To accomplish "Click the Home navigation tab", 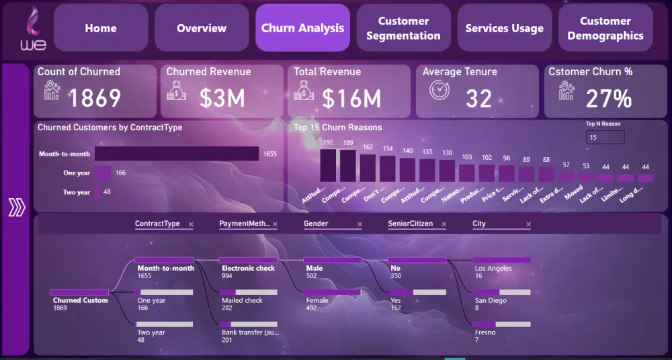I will [101, 28].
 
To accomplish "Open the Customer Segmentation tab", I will [403, 28].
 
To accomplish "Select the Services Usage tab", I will [504, 28].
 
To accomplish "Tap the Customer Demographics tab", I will [605, 28].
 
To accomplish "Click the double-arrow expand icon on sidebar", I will [16, 209].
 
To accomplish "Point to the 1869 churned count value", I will [95, 99].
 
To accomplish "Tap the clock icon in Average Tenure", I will [439, 89].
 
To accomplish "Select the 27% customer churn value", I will [608, 99].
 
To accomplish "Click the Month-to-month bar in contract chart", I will [176, 154].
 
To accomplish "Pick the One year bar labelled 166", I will [103, 173].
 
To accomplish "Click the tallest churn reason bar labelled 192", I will [328, 165].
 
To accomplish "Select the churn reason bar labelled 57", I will [566, 177].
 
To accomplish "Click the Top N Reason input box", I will [605, 137].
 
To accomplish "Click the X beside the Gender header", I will [359, 224].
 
